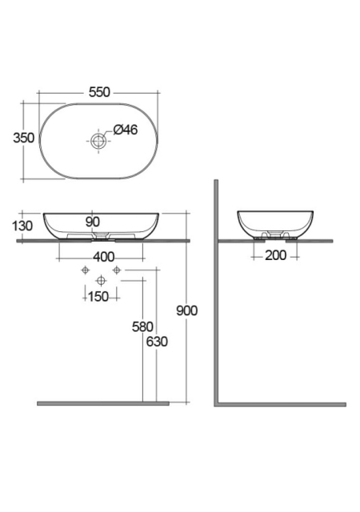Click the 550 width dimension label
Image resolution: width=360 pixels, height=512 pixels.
point(99,92)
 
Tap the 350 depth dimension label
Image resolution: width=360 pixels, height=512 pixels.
point(23,138)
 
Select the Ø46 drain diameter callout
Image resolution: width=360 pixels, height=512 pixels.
point(126,130)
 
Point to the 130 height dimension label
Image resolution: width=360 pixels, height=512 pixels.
point(22,226)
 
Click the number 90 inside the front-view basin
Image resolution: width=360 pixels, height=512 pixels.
point(93,222)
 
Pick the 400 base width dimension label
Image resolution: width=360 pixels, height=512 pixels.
point(103,257)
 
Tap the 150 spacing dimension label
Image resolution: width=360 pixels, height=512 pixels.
point(98,297)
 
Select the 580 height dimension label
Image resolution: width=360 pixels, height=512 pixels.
point(142,326)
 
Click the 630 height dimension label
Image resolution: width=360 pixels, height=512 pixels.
point(157,342)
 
